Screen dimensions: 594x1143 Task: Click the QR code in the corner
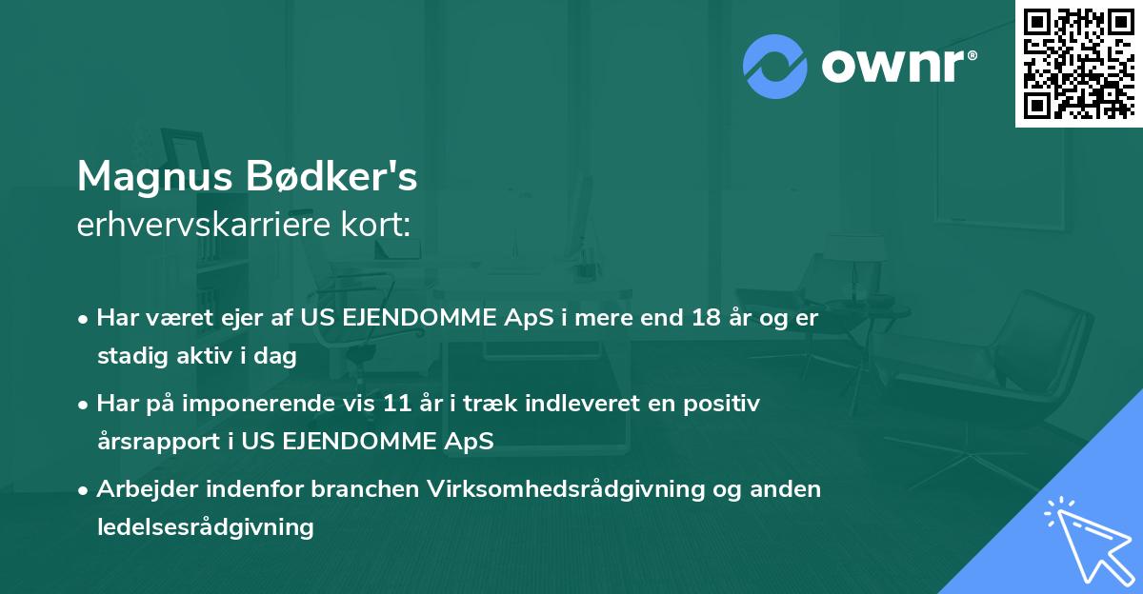tap(1078, 64)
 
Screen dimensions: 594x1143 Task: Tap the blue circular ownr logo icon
tap(774, 66)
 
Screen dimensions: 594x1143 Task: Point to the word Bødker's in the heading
tap(337, 176)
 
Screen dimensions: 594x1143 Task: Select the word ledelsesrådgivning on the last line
tap(205, 526)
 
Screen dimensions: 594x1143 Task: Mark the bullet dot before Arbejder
tap(85, 490)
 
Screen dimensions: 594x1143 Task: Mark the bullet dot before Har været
tap(85, 319)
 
